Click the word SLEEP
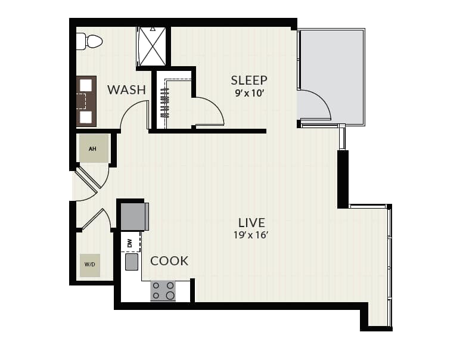pyautogui.click(x=249, y=80)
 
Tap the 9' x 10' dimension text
pyautogui.click(x=249, y=94)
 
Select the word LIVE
pyautogui.click(x=251, y=223)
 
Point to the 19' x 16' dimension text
pyautogui.click(x=251, y=235)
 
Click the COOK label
pyautogui.click(x=169, y=261)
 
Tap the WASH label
pyautogui.click(x=126, y=89)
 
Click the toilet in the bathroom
pyautogui.click(x=89, y=41)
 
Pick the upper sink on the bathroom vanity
pyautogui.click(x=86, y=85)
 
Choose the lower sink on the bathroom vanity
pyautogui.click(x=86, y=117)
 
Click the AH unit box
pyautogui.click(x=94, y=148)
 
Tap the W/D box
pyautogui.click(x=90, y=265)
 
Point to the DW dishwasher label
pyautogui.click(x=129, y=244)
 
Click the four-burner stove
pyautogui.click(x=163, y=291)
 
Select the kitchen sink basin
pyautogui.click(x=132, y=262)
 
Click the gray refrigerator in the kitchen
pyautogui.click(x=135, y=216)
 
